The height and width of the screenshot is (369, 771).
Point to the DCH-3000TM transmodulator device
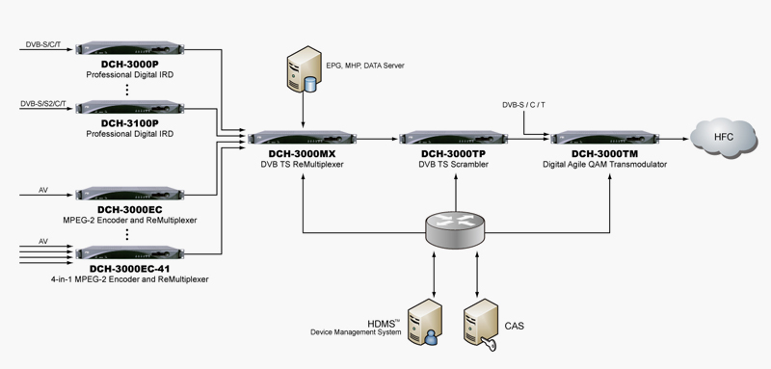(608, 139)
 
